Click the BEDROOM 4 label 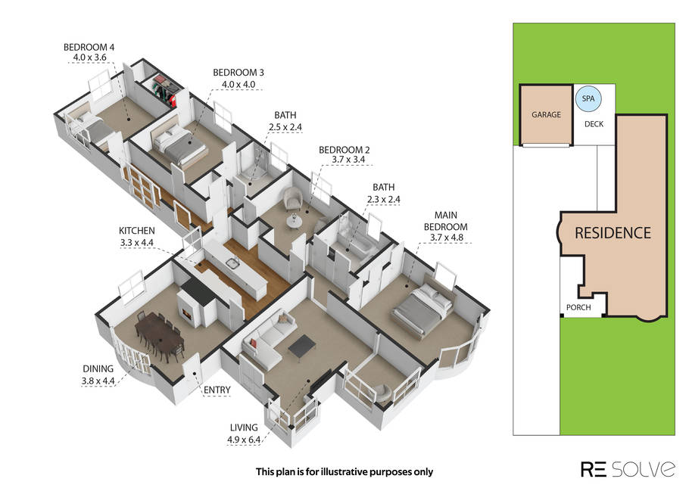(x=89, y=47)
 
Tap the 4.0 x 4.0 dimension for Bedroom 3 (x=238, y=84)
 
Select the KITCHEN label (x=136, y=231)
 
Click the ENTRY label (x=217, y=390)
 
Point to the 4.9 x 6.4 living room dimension (x=244, y=440)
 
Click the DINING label (x=98, y=369)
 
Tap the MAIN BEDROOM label (x=445, y=221)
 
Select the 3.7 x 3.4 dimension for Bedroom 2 (x=348, y=160)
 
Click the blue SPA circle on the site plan (x=588, y=99)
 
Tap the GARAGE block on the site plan (x=546, y=115)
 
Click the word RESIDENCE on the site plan (x=613, y=233)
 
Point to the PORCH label (x=578, y=307)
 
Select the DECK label (x=594, y=124)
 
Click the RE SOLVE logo (x=628, y=469)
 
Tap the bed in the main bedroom (x=422, y=309)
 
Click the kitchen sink (x=232, y=263)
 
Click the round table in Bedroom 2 (x=294, y=222)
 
